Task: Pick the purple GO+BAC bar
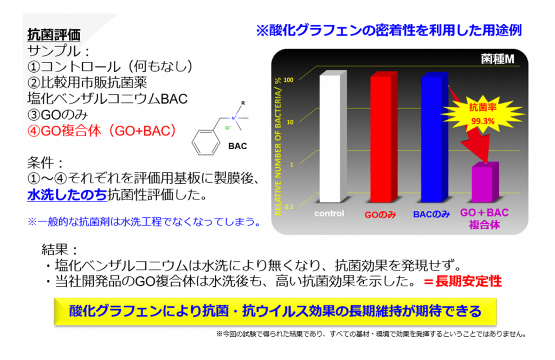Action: pos(485,182)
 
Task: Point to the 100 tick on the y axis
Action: pos(288,80)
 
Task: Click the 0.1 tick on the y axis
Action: pos(289,207)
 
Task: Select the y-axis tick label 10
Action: pos(290,122)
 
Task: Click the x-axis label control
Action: pos(329,214)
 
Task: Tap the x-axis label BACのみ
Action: pos(431,214)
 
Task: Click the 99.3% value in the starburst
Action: pos(483,121)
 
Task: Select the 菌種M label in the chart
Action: pos(498,59)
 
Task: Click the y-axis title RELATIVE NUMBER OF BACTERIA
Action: pos(278,146)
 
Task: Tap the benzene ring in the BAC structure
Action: pos(205,143)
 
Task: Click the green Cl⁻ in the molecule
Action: pos(228,128)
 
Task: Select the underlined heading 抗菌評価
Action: pos(54,35)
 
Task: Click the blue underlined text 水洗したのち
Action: pos(67,195)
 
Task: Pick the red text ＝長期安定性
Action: pos(463,281)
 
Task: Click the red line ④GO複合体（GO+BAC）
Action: pos(102,131)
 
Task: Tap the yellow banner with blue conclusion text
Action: pos(275,312)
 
